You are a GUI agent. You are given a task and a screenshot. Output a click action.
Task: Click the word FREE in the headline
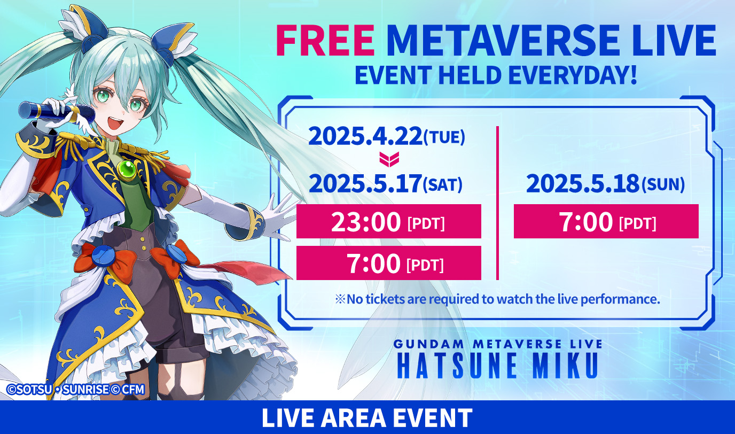pos(325,41)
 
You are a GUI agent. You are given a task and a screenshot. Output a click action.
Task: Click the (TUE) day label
pos(444,137)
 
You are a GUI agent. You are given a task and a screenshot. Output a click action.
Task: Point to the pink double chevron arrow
pos(389,159)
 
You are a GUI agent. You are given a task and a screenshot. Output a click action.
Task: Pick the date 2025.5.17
pos(365,184)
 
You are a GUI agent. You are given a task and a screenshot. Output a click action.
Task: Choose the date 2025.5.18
pos(583,184)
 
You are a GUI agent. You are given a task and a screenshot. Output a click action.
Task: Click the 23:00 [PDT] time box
pos(389,221)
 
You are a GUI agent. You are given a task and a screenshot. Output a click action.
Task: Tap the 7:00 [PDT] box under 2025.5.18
pos(606,221)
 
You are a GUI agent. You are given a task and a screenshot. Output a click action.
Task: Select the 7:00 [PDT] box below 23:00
pos(389,263)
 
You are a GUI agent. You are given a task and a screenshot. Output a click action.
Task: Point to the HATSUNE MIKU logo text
pos(497,366)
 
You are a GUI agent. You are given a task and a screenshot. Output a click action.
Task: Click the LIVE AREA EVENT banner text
pos(367,418)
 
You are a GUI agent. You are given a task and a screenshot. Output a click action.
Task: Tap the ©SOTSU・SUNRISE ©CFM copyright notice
pos(76,390)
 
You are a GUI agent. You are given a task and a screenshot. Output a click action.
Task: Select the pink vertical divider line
pos(497,203)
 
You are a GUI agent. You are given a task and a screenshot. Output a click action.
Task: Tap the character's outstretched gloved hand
pos(276,218)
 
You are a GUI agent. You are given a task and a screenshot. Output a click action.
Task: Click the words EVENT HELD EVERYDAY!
pos(496,75)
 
